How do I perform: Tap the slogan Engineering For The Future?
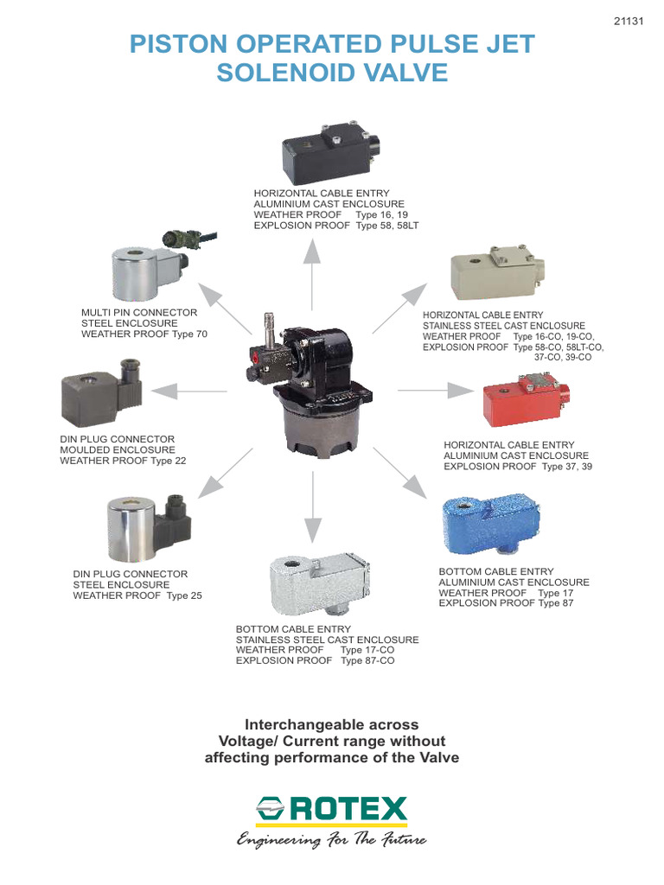click(x=332, y=840)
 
